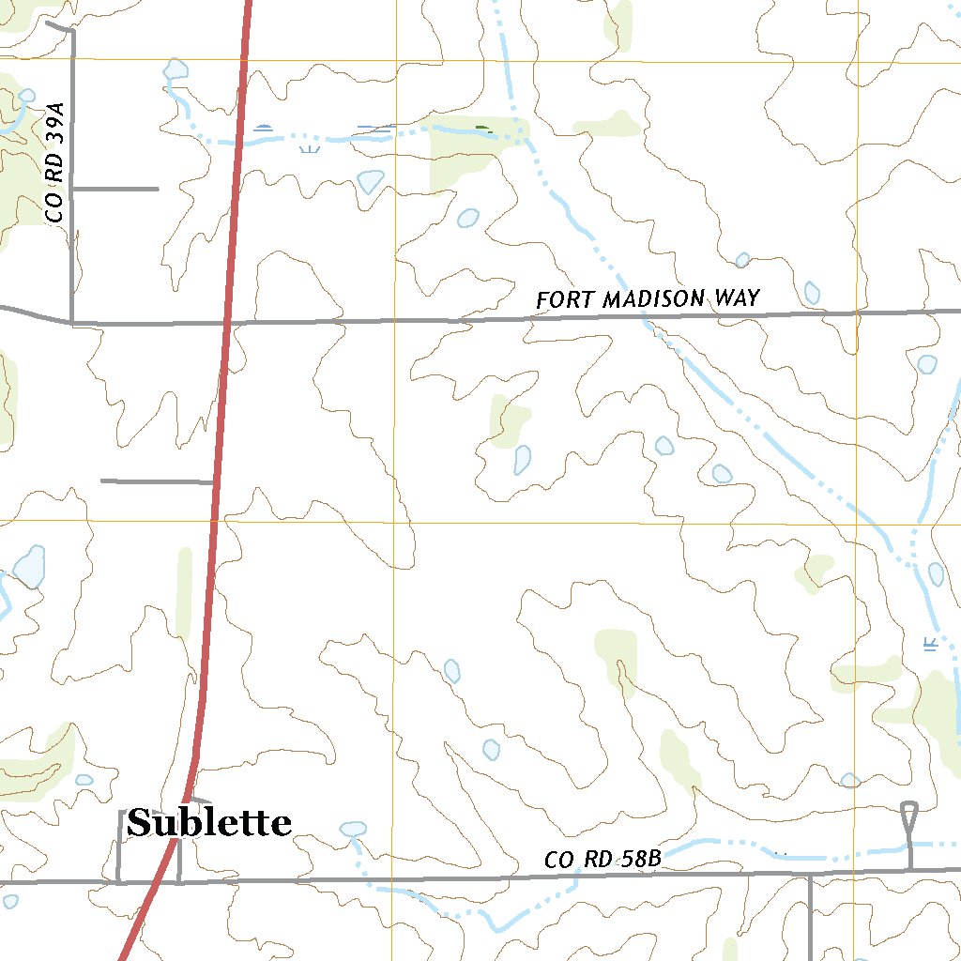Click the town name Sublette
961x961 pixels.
pos(208,823)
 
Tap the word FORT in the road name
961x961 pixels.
pos(565,300)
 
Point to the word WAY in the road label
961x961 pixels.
pos(736,298)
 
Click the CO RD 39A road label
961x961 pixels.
pos(57,164)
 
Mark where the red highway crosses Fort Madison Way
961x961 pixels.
pos(225,323)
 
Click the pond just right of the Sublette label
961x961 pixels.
pos(353,829)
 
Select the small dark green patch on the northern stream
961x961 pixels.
pos(483,129)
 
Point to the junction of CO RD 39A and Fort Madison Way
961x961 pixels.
pos(72,322)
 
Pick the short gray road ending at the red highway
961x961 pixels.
pos(156,481)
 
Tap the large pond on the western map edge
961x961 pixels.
pos(30,567)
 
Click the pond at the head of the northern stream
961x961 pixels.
pos(175,69)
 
